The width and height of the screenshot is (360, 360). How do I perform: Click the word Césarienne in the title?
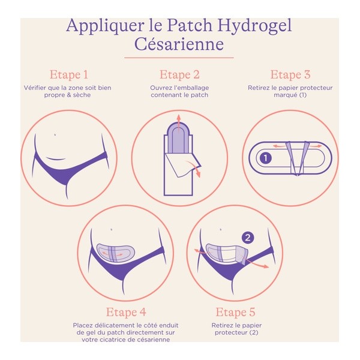(179, 45)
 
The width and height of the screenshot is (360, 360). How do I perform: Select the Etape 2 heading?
(179, 75)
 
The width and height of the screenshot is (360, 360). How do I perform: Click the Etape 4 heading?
(126, 312)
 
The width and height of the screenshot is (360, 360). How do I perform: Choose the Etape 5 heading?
(231, 312)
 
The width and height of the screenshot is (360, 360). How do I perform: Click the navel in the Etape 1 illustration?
(55, 134)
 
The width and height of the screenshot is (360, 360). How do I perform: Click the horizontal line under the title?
(179, 58)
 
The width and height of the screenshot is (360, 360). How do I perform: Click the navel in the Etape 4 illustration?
(112, 229)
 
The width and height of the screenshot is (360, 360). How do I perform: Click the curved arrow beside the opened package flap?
(195, 168)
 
